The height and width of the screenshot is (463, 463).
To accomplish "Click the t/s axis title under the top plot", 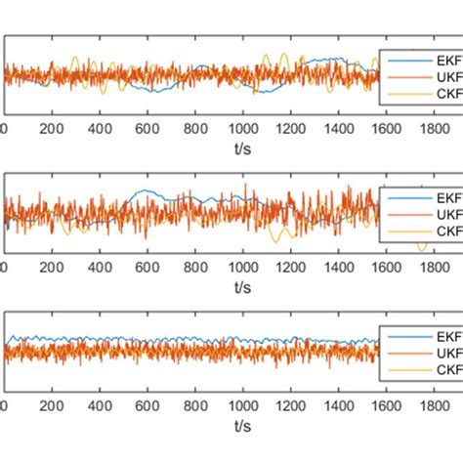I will click(241, 147).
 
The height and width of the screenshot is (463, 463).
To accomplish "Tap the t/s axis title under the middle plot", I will click(241, 286).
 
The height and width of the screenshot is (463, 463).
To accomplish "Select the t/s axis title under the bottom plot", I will click(241, 426).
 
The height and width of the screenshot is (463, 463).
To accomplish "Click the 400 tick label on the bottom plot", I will click(99, 405).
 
